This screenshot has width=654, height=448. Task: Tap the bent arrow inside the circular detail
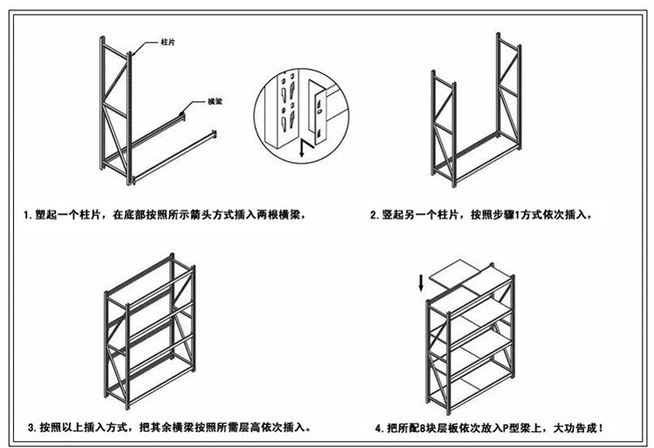coord(303,147)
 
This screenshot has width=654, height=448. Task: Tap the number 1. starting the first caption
coord(30,214)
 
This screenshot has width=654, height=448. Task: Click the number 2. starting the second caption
coord(375,214)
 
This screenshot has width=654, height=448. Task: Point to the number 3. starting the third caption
coord(32,428)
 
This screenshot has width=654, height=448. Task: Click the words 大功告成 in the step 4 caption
coord(576,429)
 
